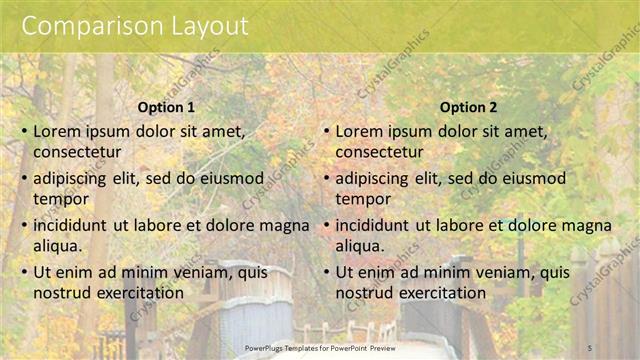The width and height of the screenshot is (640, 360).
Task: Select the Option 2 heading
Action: point(467,107)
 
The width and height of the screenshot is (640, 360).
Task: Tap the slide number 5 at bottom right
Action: point(590,347)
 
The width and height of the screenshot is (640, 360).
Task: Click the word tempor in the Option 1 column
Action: point(61,198)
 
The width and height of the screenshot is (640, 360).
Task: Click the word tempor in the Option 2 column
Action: point(363,198)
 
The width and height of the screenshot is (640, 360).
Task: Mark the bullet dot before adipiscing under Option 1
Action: point(24,179)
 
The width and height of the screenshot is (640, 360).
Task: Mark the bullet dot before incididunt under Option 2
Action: point(326,225)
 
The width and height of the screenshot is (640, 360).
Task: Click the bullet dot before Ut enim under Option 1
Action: point(24,272)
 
